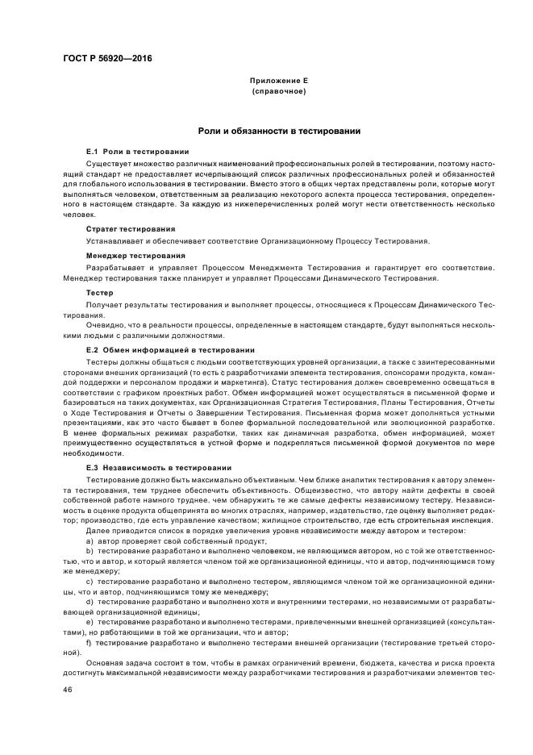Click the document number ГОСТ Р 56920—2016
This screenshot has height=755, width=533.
107,59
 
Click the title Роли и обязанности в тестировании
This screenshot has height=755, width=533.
279,131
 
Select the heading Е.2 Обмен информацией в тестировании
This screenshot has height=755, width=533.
170,350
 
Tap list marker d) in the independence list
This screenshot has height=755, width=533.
90,602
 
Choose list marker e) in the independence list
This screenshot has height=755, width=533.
90,623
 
